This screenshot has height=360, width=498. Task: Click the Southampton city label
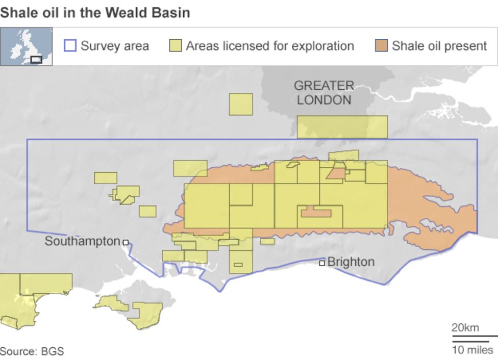click(x=82, y=241)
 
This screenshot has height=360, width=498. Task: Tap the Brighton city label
click(x=351, y=262)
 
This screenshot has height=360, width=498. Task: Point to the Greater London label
click(x=324, y=93)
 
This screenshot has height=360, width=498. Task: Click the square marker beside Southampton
click(x=126, y=243)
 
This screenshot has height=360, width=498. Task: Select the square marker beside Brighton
click(x=322, y=263)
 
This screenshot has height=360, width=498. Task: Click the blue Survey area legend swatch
click(x=70, y=46)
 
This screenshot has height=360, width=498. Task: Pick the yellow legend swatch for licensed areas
click(x=176, y=46)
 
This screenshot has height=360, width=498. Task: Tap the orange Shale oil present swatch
click(x=381, y=46)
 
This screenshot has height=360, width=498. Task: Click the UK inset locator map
click(x=26, y=46)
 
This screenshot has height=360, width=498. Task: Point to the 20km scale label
click(x=465, y=327)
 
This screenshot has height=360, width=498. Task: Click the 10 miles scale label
click(x=472, y=350)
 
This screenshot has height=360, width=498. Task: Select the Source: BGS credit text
click(x=32, y=351)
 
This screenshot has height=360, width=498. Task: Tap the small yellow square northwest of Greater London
click(x=241, y=104)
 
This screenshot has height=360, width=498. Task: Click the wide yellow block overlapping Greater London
click(x=342, y=127)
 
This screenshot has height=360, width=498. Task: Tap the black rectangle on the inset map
click(x=36, y=59)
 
